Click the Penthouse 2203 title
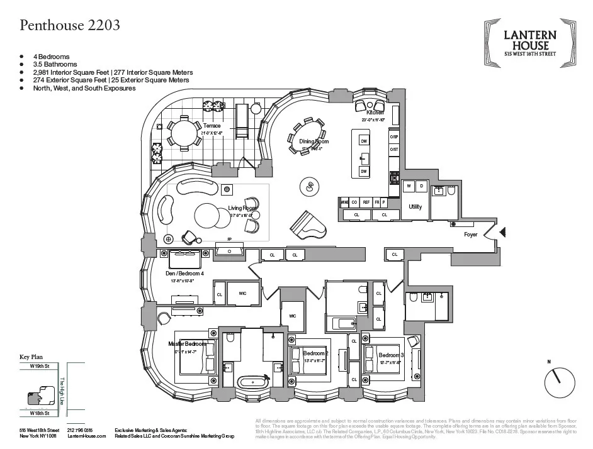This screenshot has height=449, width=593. (70, 26)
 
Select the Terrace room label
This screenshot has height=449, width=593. (212, 126)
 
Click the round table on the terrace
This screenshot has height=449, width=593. (183, 133)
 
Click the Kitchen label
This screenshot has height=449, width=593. (366, 113)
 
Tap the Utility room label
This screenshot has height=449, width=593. (415, 207)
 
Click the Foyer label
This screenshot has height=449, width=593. (471, 235)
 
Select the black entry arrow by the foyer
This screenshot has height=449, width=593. (502, 234)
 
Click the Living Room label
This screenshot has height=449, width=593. (242, 208)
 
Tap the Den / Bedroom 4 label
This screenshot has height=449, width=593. (184, 274)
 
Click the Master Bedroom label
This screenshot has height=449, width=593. (187, 344)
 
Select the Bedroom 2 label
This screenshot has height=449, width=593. (314, 353)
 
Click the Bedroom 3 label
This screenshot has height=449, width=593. (390, 355)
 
